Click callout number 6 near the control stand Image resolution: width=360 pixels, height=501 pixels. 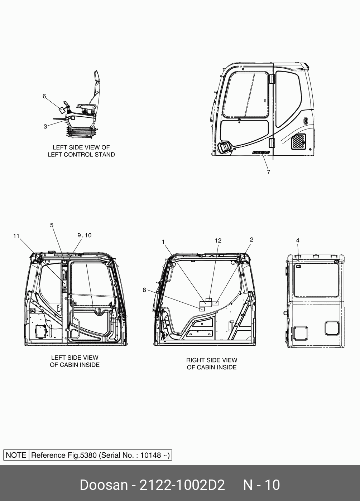pyautogui.click(x=44, y=96)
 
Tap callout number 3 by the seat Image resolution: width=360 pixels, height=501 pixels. pyautogui.click(x=45, y=126)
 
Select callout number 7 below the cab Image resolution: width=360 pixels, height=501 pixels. pyautogui.click(x=268, y=172)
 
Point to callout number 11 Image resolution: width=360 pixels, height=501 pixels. pyautogui.click(x=16, y=236)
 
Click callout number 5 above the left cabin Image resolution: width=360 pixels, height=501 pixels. pyautogui.click(x=52, y=225)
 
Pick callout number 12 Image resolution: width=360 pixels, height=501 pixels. pyautogui.click(x=218, y=240)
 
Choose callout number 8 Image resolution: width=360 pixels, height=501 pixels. pyautogui.click(x=144, y=290)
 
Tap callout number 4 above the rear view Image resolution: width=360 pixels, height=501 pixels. pyautogui.click(x=298, y=240)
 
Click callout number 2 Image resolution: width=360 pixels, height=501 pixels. pyautogui.click(x=251, y=239)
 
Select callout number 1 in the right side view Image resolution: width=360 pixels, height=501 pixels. pyautogui.click(x=163, y=242)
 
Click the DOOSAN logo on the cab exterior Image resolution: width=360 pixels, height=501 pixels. pyautogui.click(x=261, y=152)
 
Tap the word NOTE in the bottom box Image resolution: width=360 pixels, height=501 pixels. pyautogui.click(x=16, y=455)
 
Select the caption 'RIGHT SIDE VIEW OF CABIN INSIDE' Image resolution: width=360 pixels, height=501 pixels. pyautogui.click(x=211, y=364)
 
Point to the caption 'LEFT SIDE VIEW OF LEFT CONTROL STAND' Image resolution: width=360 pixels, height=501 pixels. pyautogui.click(x=81, y=151)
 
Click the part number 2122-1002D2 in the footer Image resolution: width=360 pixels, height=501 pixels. pyautogui.click(x=182, y=485)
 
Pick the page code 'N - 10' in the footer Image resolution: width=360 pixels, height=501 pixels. pyautogui.click(x=261, y=485)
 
